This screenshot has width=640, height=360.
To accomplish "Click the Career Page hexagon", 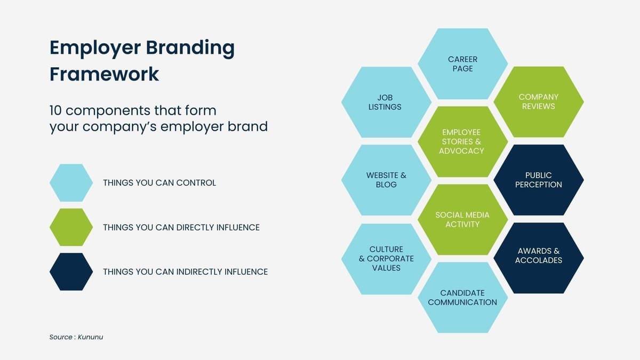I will tap(462, 64).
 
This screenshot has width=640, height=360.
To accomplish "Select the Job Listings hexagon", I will tap(386, 102).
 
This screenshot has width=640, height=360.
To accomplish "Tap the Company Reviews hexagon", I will tap(538, 101).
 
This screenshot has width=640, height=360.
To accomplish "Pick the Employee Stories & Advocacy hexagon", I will tap(462, 141).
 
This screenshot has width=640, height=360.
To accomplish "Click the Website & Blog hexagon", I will tap(386, 180).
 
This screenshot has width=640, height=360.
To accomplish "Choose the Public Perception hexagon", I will tap(538, 180).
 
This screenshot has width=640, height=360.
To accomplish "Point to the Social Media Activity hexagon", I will tap(462, 219).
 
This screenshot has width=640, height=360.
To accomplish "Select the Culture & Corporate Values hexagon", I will tap(386, 259).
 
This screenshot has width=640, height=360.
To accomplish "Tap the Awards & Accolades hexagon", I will tap(538, 256).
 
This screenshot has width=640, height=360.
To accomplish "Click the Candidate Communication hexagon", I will tap(462, 298).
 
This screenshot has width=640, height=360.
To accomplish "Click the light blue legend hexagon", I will tap(71, 183).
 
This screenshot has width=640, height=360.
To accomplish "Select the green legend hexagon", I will tap(71, 227).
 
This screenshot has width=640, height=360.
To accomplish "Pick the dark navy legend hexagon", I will tap(71, 272).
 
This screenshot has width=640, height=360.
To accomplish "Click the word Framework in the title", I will tap(105, 74).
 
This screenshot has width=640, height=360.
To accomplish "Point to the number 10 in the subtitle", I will tap(55, 111).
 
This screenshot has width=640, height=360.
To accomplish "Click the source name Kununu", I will tap(90, 337).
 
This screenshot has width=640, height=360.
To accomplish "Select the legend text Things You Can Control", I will tap(159, 183).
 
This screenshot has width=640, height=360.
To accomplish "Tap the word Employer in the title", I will tap(93, 48).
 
